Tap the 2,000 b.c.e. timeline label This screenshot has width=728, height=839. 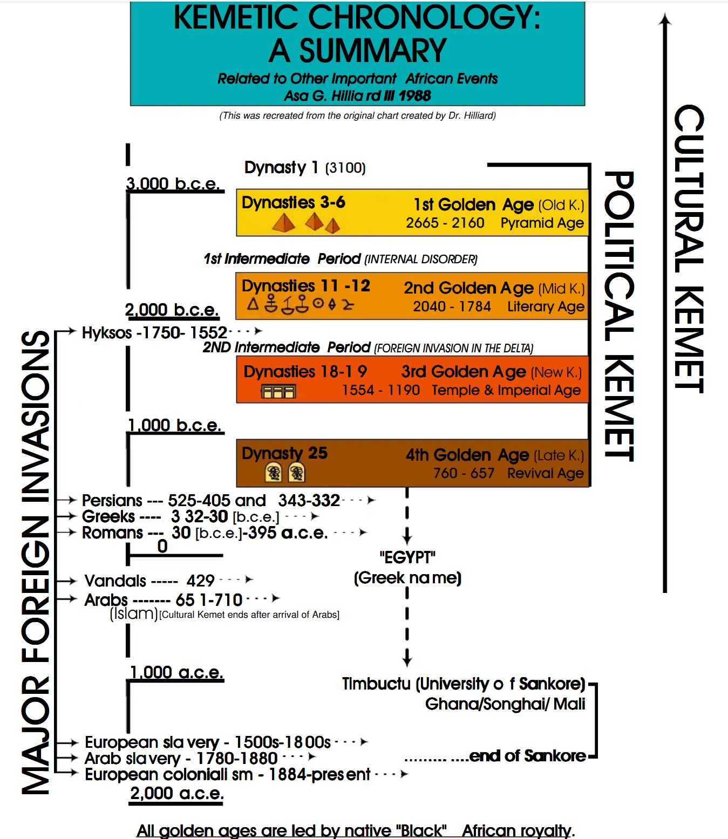pos(172,310)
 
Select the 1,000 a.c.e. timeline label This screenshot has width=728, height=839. pos(176,672)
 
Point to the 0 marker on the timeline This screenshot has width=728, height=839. pos(162,547)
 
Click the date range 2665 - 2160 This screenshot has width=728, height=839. pos(445,223)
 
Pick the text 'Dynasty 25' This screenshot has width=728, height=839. pos(284,453)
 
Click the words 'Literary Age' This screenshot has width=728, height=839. pos(545,306)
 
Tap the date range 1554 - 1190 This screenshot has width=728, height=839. pos(380,390)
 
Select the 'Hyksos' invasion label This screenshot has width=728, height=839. pos(107,333)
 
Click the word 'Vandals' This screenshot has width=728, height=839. pos(115,581)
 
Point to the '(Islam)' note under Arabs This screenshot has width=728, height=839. pos(133,613)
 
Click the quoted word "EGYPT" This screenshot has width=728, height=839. pos(407,557)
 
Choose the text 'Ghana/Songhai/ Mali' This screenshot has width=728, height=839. pos(505,704)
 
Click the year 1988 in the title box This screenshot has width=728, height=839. pos(415,96)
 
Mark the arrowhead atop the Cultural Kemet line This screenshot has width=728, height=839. pos(665,19)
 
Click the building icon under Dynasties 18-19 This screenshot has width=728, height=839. pos(278,391)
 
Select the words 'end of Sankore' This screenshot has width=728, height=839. pos(527,756)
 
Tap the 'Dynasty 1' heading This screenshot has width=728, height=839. pos(281,168)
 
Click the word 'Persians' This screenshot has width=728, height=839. pos(112,500)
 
